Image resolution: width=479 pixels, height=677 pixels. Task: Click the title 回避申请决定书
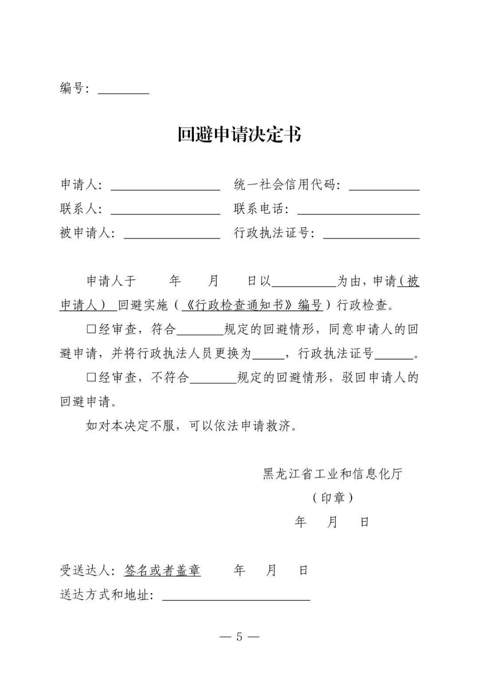[239, 134]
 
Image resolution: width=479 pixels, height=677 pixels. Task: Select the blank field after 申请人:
[165, 185]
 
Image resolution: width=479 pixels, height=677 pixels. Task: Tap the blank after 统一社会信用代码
[384, 185]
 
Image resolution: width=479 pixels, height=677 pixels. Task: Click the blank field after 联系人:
[165, 210]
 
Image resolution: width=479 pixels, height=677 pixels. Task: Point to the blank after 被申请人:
[172, 234]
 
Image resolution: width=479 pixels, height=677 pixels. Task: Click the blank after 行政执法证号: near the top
[371, 234]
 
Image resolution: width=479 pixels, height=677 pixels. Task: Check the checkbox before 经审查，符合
[91, 329]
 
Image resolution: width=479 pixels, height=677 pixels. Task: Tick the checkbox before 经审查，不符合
[91, 378]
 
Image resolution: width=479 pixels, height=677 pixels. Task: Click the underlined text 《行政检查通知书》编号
[252, 305]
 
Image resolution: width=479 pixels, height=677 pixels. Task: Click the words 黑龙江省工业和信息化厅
[332, 474]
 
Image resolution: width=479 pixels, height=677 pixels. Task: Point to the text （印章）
[332, 498]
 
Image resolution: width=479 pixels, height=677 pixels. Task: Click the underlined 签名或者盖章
[162, 571]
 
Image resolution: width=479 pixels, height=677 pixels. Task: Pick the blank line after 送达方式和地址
[236, 595]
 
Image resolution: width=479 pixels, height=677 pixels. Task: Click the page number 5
[239, 637]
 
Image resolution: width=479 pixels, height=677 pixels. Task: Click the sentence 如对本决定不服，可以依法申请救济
[191, 426]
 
